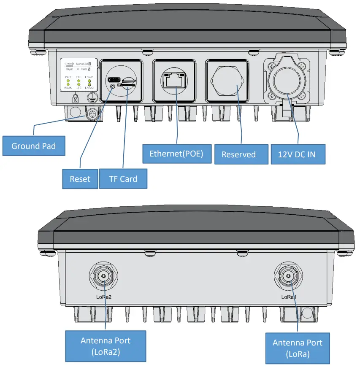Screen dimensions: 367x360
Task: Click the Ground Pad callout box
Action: (35, 146)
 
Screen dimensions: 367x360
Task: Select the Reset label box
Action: (80, 179)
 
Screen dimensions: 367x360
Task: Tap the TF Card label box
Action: (123, 179)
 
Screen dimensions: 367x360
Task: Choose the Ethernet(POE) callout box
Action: (176, 154)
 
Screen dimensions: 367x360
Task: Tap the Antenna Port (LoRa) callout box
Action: (297, 348)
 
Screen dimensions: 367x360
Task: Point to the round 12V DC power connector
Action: (287, 81)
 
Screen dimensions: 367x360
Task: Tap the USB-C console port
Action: (114, 79)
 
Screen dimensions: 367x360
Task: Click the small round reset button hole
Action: (113, 87)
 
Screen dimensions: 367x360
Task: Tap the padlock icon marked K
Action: (75, 100)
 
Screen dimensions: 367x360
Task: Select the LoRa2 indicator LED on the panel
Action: (89, 84)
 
